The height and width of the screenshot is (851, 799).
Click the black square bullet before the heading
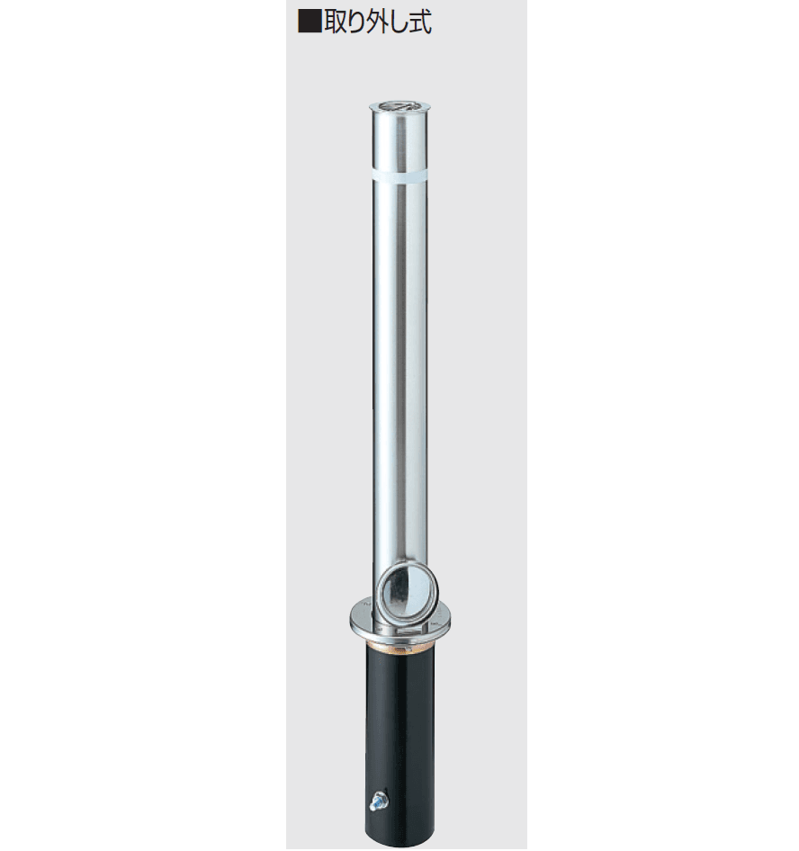pos(310,22)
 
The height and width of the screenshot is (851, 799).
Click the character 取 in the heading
pos(337,22)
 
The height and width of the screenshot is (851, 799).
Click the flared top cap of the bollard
pos(399,107)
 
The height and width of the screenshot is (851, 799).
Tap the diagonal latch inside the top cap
pos(399,105)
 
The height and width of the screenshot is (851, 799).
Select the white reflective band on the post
pos(399,176)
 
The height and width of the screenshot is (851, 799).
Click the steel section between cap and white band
pos(399,142)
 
